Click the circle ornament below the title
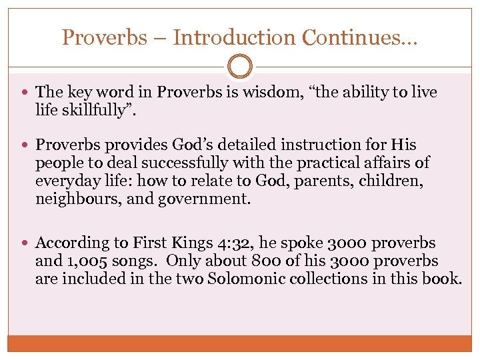point(240,67)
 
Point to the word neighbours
point(74,198)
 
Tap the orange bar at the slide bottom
point(240,343)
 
